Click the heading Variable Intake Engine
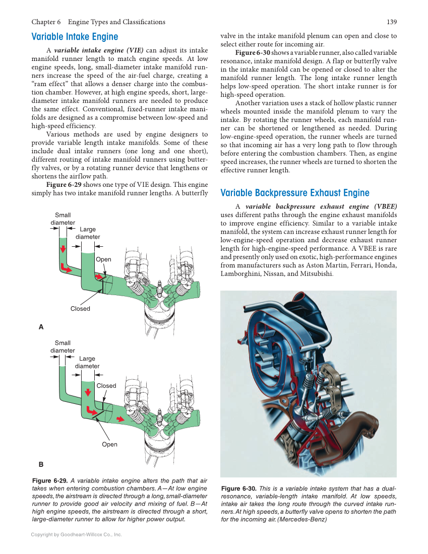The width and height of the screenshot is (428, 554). point(75,37)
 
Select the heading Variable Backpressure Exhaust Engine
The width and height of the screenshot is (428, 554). point(295,193)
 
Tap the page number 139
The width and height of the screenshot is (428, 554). point(391,22)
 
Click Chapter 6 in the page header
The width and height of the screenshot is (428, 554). point(46,22)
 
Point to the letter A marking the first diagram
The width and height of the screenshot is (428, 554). point(41,327)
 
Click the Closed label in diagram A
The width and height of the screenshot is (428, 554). point(80,309)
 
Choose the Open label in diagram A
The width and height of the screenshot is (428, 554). point(103,259)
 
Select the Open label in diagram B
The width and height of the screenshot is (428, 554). point(109,444)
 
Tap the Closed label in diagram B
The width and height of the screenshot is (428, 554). point(106,386)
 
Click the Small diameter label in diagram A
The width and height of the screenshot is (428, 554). point(63,219)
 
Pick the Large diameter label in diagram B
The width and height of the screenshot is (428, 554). point(87,362)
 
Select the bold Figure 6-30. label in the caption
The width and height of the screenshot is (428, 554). point(239,489)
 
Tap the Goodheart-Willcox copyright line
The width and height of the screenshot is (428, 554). point(76,534)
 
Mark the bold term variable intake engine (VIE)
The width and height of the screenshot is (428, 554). point(99,50)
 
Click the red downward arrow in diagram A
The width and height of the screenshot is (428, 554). point(63,250)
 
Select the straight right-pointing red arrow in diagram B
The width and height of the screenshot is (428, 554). point(120,419)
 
